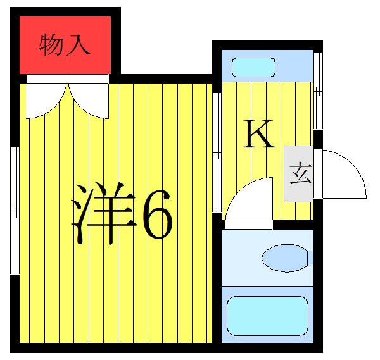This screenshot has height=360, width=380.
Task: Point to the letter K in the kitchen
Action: click(x=259, y=134)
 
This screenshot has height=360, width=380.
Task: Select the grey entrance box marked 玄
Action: click(x=298, y=174)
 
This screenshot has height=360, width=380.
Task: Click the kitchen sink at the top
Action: click(x=253, y=67)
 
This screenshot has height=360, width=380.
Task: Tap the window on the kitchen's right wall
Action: click(x=319, y=89)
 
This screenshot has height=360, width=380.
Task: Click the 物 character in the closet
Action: click(x=51, y=45)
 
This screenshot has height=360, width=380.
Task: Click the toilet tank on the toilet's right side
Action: click(x=310, y=258)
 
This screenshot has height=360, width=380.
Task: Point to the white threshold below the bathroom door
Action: click(x=248, y=224)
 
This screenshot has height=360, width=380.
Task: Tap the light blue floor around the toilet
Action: click(x=241, y=272)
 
